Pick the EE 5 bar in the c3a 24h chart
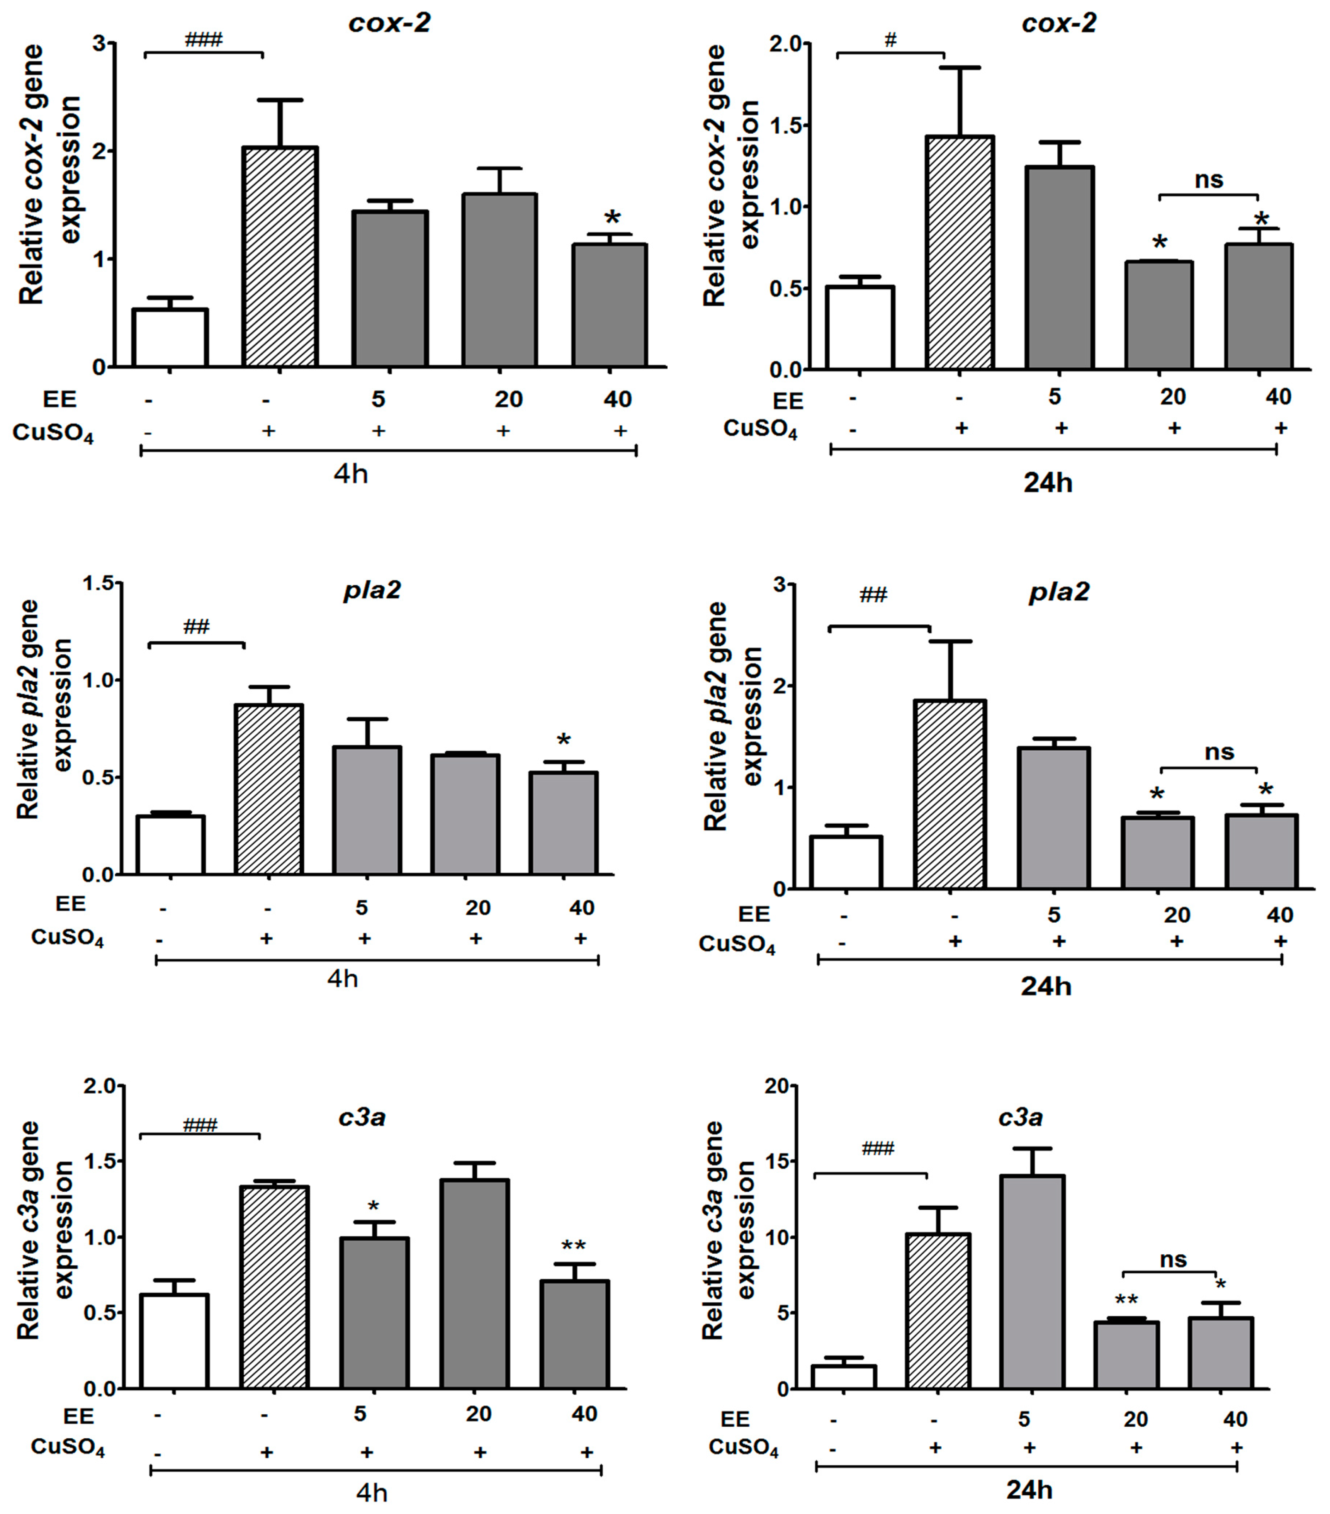1031,1281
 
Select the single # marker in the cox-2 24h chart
891,41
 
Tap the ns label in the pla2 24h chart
1219,753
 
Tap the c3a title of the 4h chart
362,1117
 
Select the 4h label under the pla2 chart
342,979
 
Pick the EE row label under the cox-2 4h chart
59,399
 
